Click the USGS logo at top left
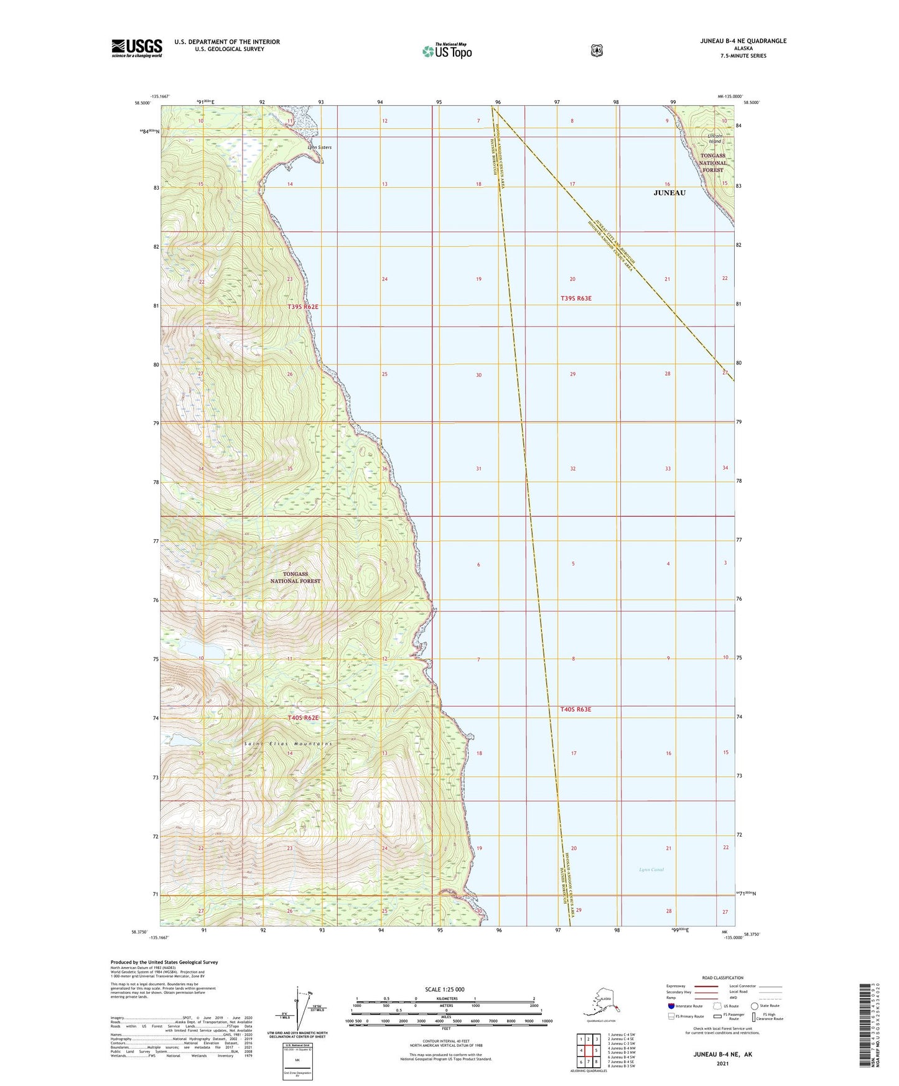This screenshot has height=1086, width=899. click(x=136, y=48)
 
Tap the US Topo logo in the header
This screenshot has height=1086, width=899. click(x=447, y=51)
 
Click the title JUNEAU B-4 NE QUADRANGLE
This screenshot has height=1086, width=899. click(x=734, y=41)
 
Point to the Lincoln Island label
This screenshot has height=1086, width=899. click(x=715, y=139)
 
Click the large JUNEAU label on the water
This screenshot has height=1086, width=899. click(x=669, y=193)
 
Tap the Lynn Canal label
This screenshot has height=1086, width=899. click(x=651, y=870)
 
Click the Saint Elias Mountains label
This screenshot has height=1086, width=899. click(x=288, y=744)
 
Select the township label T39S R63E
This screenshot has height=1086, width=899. click(x=575, y=299)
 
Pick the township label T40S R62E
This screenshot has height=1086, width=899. click(x=303, y=718)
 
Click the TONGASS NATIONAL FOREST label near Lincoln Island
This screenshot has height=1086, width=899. click(x=713, y=162)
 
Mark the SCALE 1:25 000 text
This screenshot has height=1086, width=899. click(x=444, y=989)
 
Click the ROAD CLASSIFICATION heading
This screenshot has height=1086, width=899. click(x=722, y=978)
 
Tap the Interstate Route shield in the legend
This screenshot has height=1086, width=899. click(x=671, y=1006)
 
